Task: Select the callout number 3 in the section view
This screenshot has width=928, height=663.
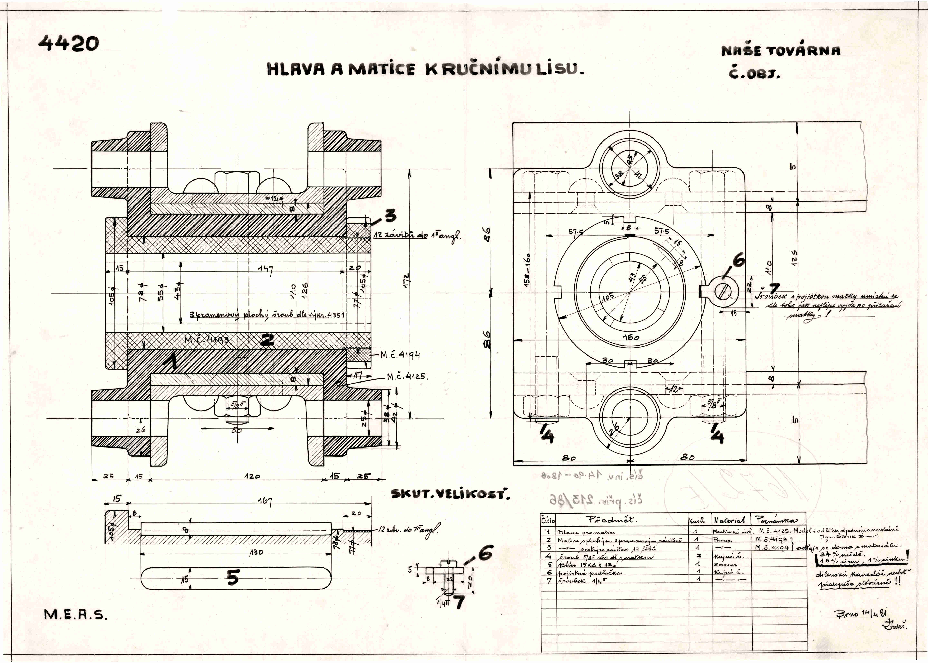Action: tap(390, 215)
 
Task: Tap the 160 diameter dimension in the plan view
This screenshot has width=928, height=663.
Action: tap(631, 337)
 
